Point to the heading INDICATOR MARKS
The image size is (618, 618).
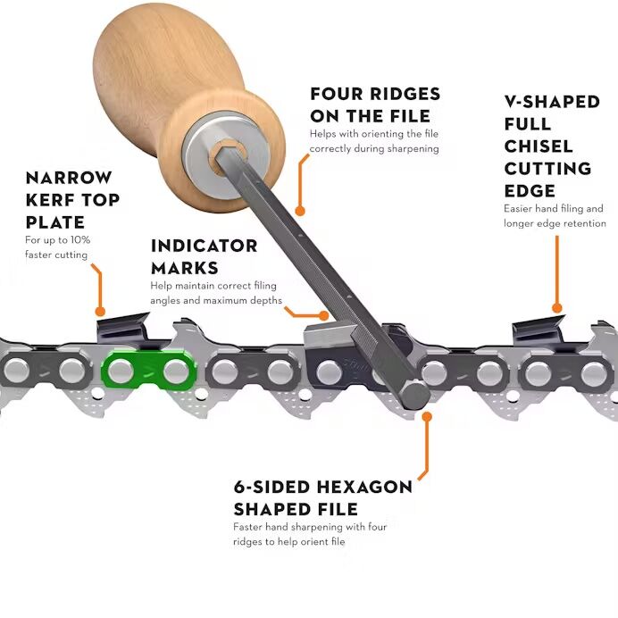pos(204,256)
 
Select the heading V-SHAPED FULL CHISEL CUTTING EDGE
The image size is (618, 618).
pos(550,146)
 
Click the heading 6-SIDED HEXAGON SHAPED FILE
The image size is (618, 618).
pos(322,497)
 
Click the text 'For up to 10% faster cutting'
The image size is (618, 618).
pos(56,247)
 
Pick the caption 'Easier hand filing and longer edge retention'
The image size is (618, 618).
pos(554,215)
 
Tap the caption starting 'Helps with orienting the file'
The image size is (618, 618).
pos(373,140)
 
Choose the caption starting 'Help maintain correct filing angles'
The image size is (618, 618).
pos(216,293)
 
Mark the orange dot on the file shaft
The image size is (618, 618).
pos(300,212)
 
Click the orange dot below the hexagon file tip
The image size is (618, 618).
pos(427,416)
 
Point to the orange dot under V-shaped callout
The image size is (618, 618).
pos(557,308)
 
